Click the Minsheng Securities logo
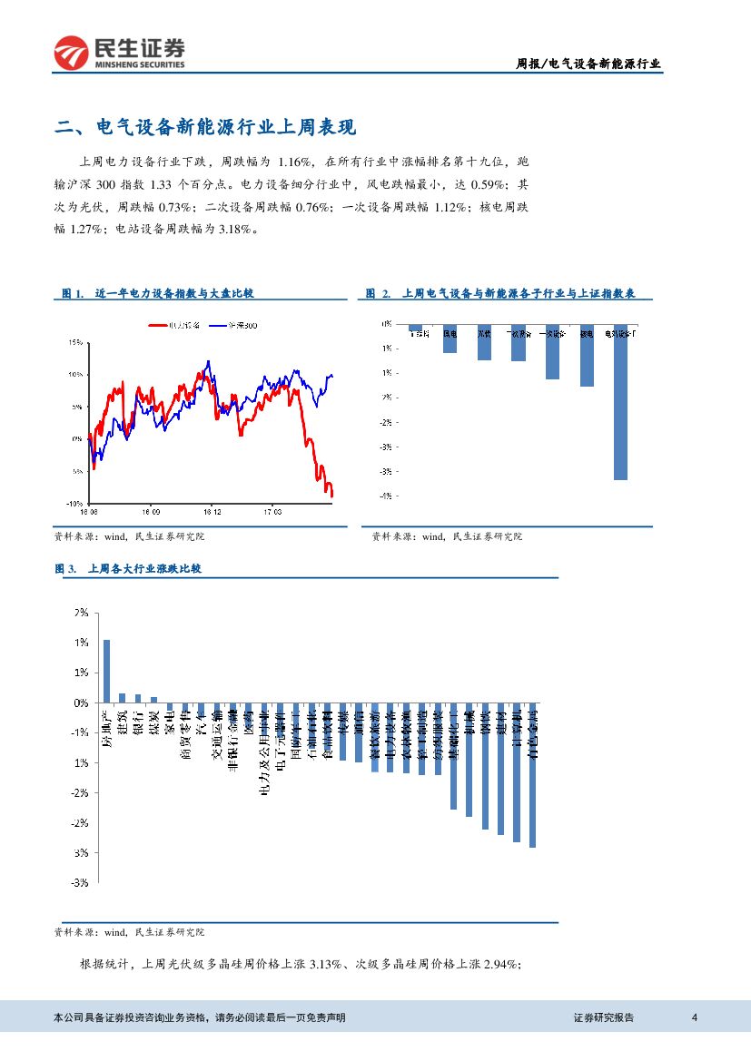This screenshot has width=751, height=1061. [x=119, y=53]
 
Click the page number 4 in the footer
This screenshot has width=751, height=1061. [x=694, y=1017]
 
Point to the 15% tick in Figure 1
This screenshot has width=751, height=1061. [x=75, y=342]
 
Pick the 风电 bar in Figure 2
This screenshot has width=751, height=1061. [x=450, y=339]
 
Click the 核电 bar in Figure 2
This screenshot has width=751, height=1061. [x=587, y=356]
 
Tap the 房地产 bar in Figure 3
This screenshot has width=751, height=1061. [x=106, y=671]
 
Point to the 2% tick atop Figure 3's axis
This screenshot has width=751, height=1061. [x=81, y=613]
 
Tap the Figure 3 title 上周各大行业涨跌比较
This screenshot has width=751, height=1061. [x=143, y=569]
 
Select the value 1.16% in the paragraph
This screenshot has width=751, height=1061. [x=291, y=162]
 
